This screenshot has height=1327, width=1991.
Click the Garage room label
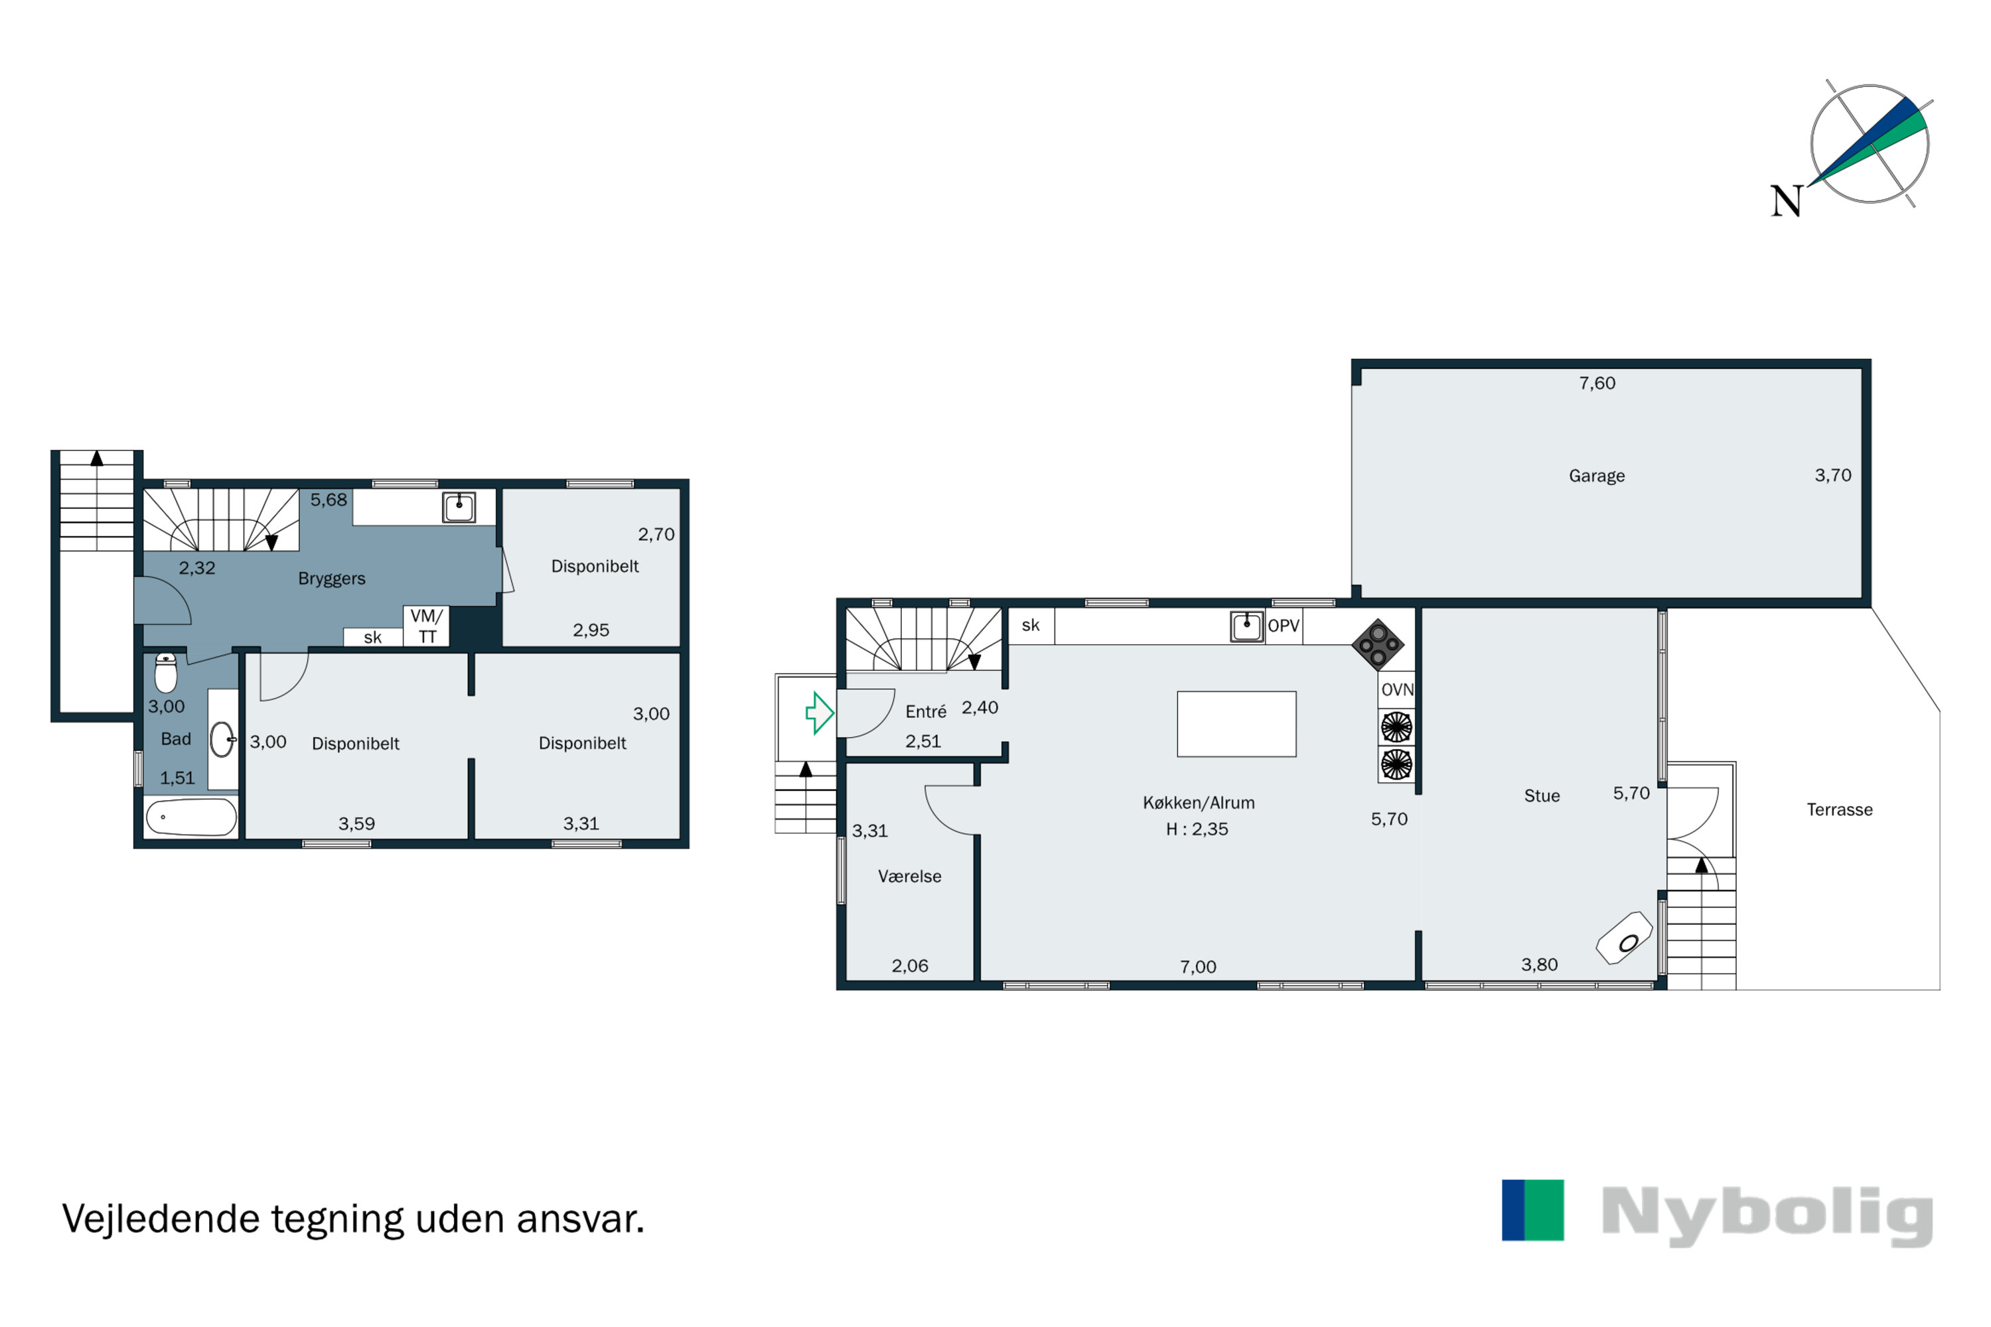point(1597,476)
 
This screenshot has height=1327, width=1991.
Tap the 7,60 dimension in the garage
point(1597,384)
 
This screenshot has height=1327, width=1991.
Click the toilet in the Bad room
point(166,673)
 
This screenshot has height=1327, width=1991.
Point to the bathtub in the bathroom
point(191,817)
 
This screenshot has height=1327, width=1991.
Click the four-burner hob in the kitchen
point(1377,645)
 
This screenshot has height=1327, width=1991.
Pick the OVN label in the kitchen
point(1397,690)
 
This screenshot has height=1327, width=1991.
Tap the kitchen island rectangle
point(1236,725)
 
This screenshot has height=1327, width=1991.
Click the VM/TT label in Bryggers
point(427,626)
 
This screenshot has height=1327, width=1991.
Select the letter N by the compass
point(1786,202)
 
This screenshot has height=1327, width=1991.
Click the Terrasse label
point(1840,810)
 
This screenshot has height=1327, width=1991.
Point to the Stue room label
point(1542,796)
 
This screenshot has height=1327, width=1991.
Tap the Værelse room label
point(909,876)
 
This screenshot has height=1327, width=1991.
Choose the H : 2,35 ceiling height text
point(1197,829)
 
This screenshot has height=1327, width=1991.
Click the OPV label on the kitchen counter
point(1284,626)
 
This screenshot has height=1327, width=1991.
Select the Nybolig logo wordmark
point(1767,1216)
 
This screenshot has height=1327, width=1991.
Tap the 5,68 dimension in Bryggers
point(329,500)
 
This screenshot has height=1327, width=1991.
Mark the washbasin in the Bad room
point(222,739)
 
